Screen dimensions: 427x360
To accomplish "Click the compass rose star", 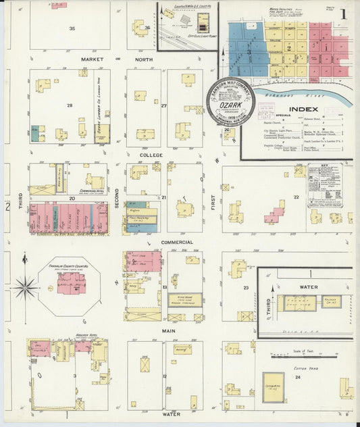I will [26, 288].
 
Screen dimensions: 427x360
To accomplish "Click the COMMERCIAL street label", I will [177, 242].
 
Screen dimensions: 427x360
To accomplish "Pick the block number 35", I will [72, 28].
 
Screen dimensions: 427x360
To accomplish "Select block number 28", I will [69, 105].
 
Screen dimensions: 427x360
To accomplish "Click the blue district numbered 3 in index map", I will [248, 51].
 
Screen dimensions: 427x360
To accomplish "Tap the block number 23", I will [247, 288].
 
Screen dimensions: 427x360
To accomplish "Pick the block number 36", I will [147, 28].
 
